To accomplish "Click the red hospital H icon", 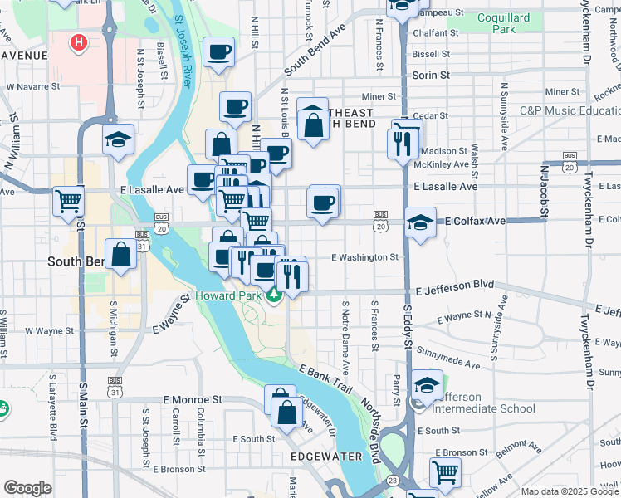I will (79, 41).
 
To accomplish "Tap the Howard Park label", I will (228, 295).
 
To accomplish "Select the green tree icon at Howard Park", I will (275, 295).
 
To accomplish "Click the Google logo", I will (27, 487).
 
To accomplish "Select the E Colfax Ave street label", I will (475, 222).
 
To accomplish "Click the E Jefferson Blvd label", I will (455, 286).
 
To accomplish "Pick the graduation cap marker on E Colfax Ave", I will (421, 222).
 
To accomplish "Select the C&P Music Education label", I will (570, 110).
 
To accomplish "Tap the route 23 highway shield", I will (392, 481).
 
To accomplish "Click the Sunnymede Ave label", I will (449, 358).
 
